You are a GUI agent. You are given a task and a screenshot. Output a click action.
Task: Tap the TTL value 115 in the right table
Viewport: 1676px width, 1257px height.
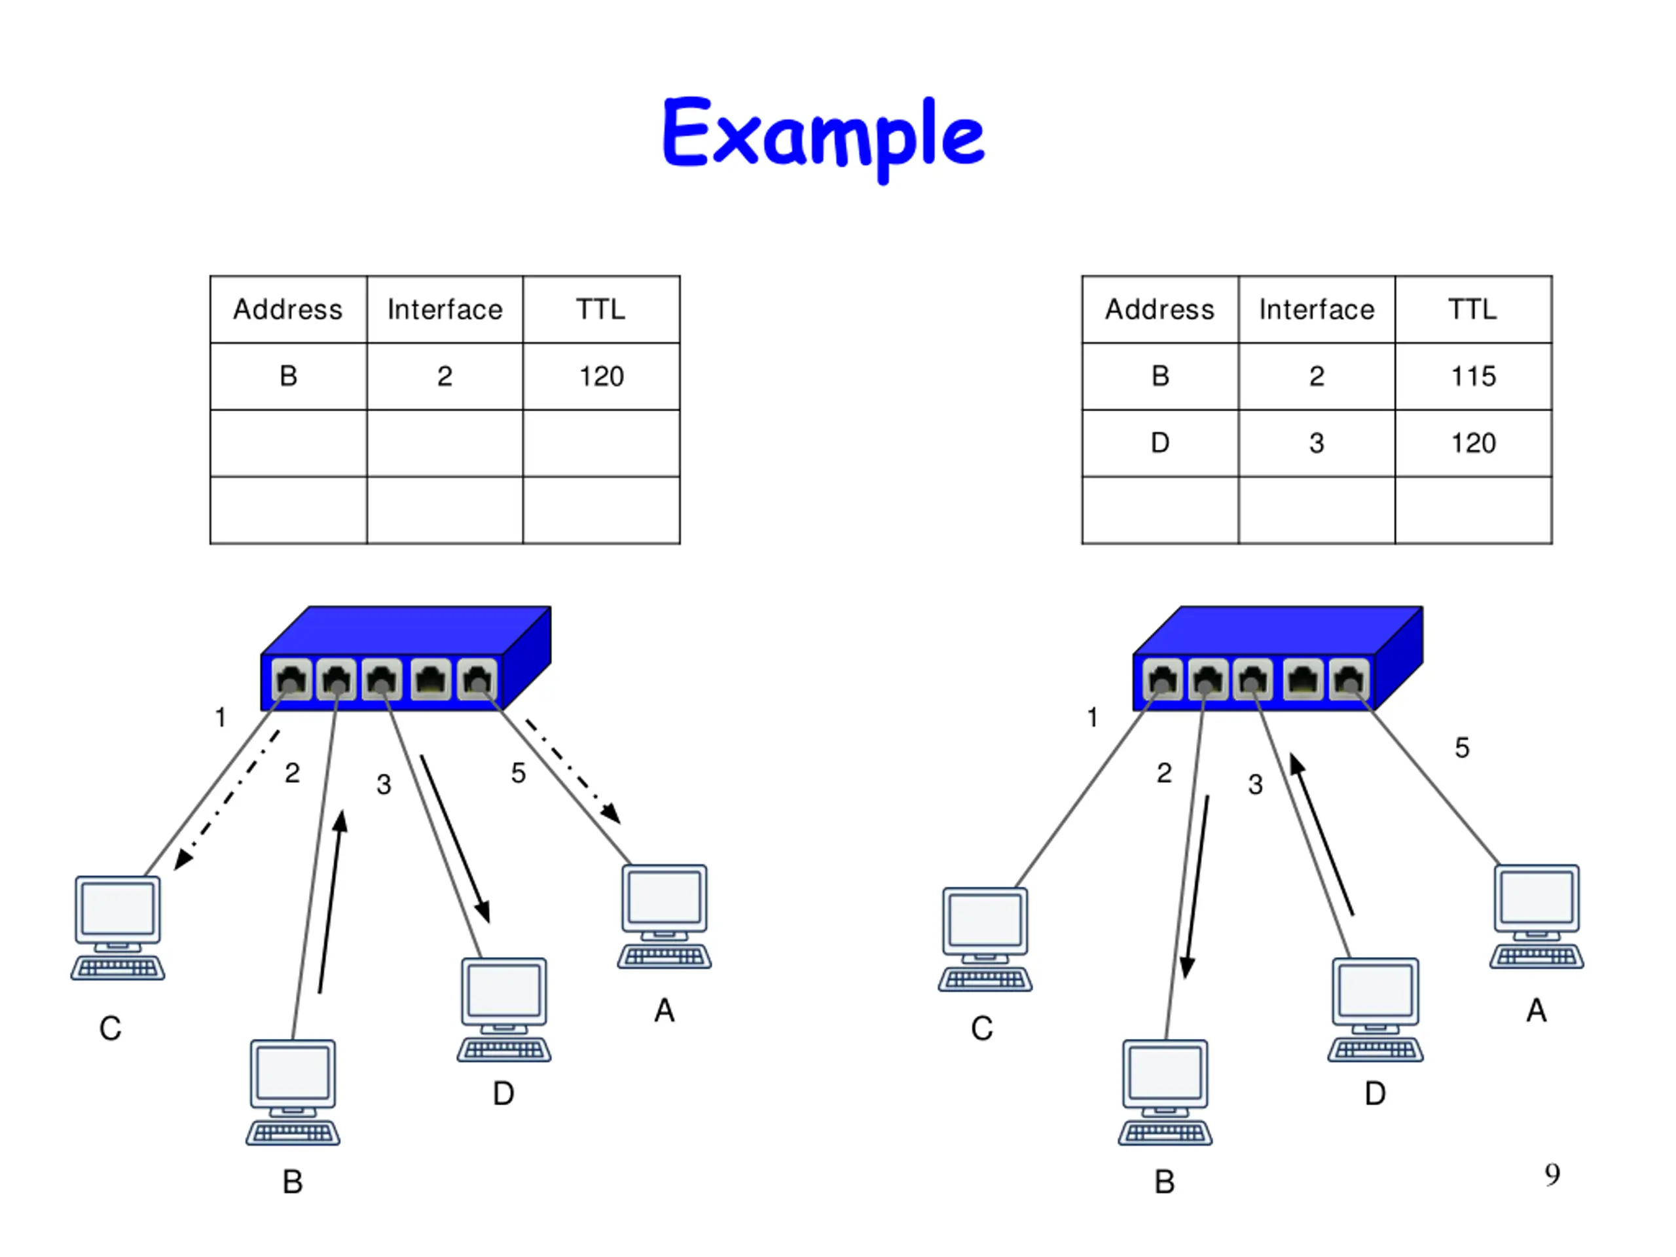(1473, 376)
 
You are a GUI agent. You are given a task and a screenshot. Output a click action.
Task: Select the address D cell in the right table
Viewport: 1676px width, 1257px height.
(1160, 443)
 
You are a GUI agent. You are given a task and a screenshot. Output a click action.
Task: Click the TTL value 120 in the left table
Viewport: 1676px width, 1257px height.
(601, 376)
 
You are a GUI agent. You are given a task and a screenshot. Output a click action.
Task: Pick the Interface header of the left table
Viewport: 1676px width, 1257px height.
(445, 309)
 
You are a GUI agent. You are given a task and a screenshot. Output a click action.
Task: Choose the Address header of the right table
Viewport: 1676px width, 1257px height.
(1159, 309)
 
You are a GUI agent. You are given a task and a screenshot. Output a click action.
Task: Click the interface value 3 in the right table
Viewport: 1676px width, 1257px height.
(1316, 443)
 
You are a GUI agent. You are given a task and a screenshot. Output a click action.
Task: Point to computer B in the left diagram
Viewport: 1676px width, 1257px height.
(293, 1092)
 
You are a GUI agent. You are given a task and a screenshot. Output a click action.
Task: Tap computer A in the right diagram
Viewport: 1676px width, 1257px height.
(1537, 916)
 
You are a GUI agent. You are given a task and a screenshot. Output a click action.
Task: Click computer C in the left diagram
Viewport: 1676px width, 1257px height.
(117, 928)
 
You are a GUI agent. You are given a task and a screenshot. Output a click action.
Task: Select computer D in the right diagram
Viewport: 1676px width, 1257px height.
(1375, 1010)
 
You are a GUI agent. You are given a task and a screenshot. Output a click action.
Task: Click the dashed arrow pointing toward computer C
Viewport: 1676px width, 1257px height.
(227, 800)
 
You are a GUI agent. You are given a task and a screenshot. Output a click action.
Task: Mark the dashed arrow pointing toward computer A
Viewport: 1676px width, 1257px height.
(573, 771)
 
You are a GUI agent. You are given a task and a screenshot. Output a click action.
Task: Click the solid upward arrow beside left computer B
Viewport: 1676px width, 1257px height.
(331, 902)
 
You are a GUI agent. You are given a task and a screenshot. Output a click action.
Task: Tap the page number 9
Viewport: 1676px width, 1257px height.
(1552, 1175)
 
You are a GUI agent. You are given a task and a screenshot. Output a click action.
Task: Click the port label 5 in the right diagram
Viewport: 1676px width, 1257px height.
(1461, 748)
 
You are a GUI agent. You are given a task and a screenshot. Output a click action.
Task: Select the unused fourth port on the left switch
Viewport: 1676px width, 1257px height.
(430, 679)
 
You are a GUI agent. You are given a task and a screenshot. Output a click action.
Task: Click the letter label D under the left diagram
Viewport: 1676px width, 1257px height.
(503, 1093)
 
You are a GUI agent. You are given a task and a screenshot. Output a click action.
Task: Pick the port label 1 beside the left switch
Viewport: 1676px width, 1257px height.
(221, 717)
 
